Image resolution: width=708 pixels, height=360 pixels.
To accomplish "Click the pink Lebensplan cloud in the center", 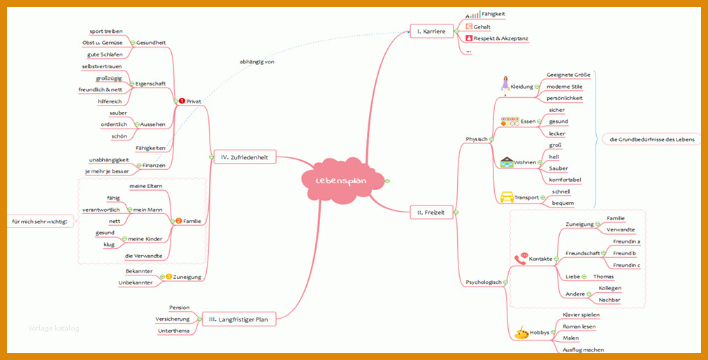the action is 342,180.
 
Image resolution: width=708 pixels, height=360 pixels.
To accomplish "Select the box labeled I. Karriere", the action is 431,31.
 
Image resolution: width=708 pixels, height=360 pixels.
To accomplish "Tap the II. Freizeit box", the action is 431,213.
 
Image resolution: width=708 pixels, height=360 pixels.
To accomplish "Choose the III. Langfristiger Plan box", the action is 238,319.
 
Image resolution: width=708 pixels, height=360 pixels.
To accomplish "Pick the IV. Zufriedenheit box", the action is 245,157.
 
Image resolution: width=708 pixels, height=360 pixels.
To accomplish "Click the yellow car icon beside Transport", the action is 507,197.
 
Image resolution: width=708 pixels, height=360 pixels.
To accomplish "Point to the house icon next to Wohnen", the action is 507,162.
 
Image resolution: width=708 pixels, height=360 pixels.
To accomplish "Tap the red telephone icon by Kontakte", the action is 521,259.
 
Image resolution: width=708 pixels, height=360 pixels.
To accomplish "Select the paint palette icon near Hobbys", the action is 521,333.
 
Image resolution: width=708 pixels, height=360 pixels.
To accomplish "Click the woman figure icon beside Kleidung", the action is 505,85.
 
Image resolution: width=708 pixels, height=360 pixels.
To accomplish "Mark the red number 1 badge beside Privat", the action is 182,101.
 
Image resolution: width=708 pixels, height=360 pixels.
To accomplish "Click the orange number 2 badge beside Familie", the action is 179,221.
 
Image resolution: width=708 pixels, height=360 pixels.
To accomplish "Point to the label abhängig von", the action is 257,62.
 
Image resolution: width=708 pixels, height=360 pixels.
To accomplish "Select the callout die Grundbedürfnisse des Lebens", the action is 651,140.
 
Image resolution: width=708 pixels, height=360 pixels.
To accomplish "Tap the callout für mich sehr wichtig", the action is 40,222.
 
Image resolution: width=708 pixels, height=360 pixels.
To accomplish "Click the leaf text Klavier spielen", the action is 581,315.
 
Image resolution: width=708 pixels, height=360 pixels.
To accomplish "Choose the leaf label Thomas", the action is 603,276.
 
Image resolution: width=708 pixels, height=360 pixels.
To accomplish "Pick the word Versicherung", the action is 173,319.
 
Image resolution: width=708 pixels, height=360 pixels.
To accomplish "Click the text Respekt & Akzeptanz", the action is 500,38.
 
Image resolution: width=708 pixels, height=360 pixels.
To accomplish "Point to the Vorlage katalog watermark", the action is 54,329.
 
